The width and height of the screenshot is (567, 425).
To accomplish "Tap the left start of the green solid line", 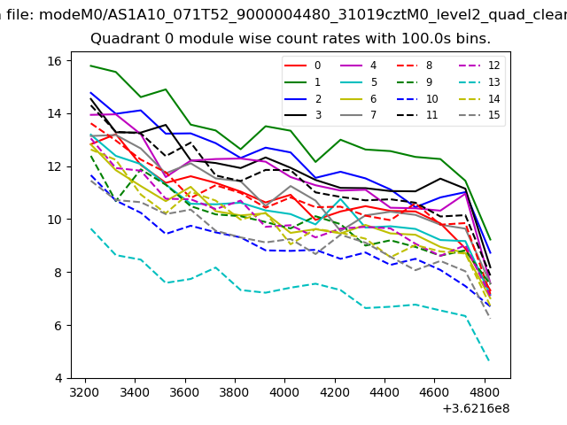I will (90, 66).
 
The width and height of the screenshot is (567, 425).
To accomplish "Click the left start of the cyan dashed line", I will (90, 228).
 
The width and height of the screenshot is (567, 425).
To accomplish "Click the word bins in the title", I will (474, 39).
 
